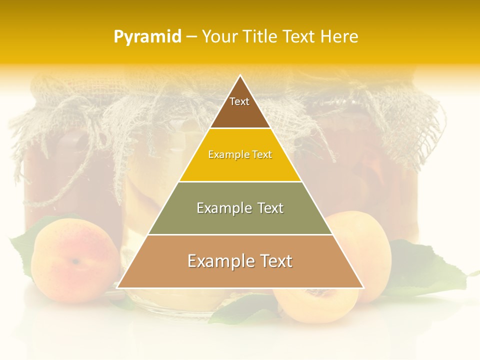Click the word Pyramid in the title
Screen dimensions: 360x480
[x=147, y=37]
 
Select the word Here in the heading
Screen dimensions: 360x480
[x=339, y=37]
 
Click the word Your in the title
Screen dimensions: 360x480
[x=219, y=37]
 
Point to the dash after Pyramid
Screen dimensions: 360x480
[x=191, y=37]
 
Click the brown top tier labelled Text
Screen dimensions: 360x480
[x=240, y=107]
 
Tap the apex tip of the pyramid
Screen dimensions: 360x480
[x=240, y=75]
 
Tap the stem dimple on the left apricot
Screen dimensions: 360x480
[x=75, y=261]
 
